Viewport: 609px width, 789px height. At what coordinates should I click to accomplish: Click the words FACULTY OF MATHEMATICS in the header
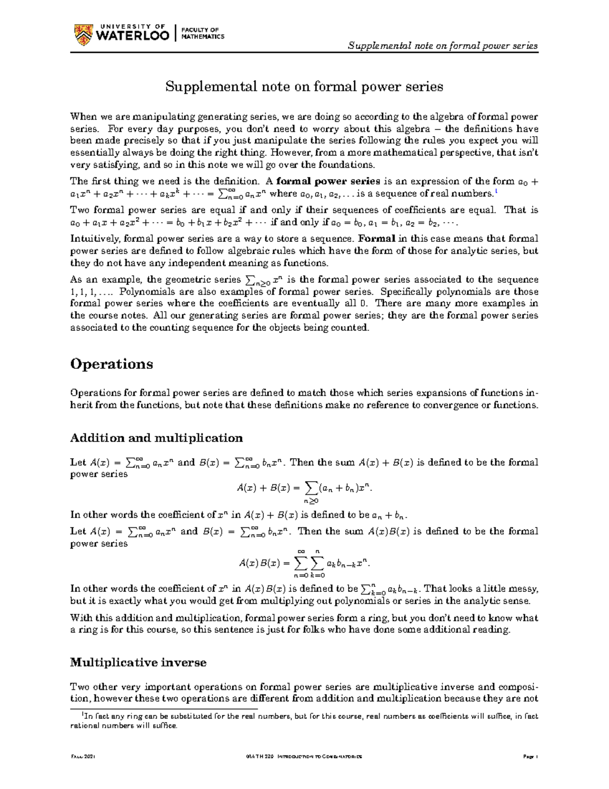[203, 34]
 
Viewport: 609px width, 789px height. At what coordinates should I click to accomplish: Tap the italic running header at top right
[443, 46]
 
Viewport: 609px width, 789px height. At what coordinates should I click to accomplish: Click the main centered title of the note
[304, 87]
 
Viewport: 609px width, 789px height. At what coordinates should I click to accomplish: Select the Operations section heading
[112, 364]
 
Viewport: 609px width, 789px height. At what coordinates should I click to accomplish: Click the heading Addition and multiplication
[156, 438]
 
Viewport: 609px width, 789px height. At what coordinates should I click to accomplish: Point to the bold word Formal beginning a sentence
[377, 239]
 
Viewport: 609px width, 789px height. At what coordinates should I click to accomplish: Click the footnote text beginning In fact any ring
[304, 721]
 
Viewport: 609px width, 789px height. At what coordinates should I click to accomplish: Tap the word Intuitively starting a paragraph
[93, 239]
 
